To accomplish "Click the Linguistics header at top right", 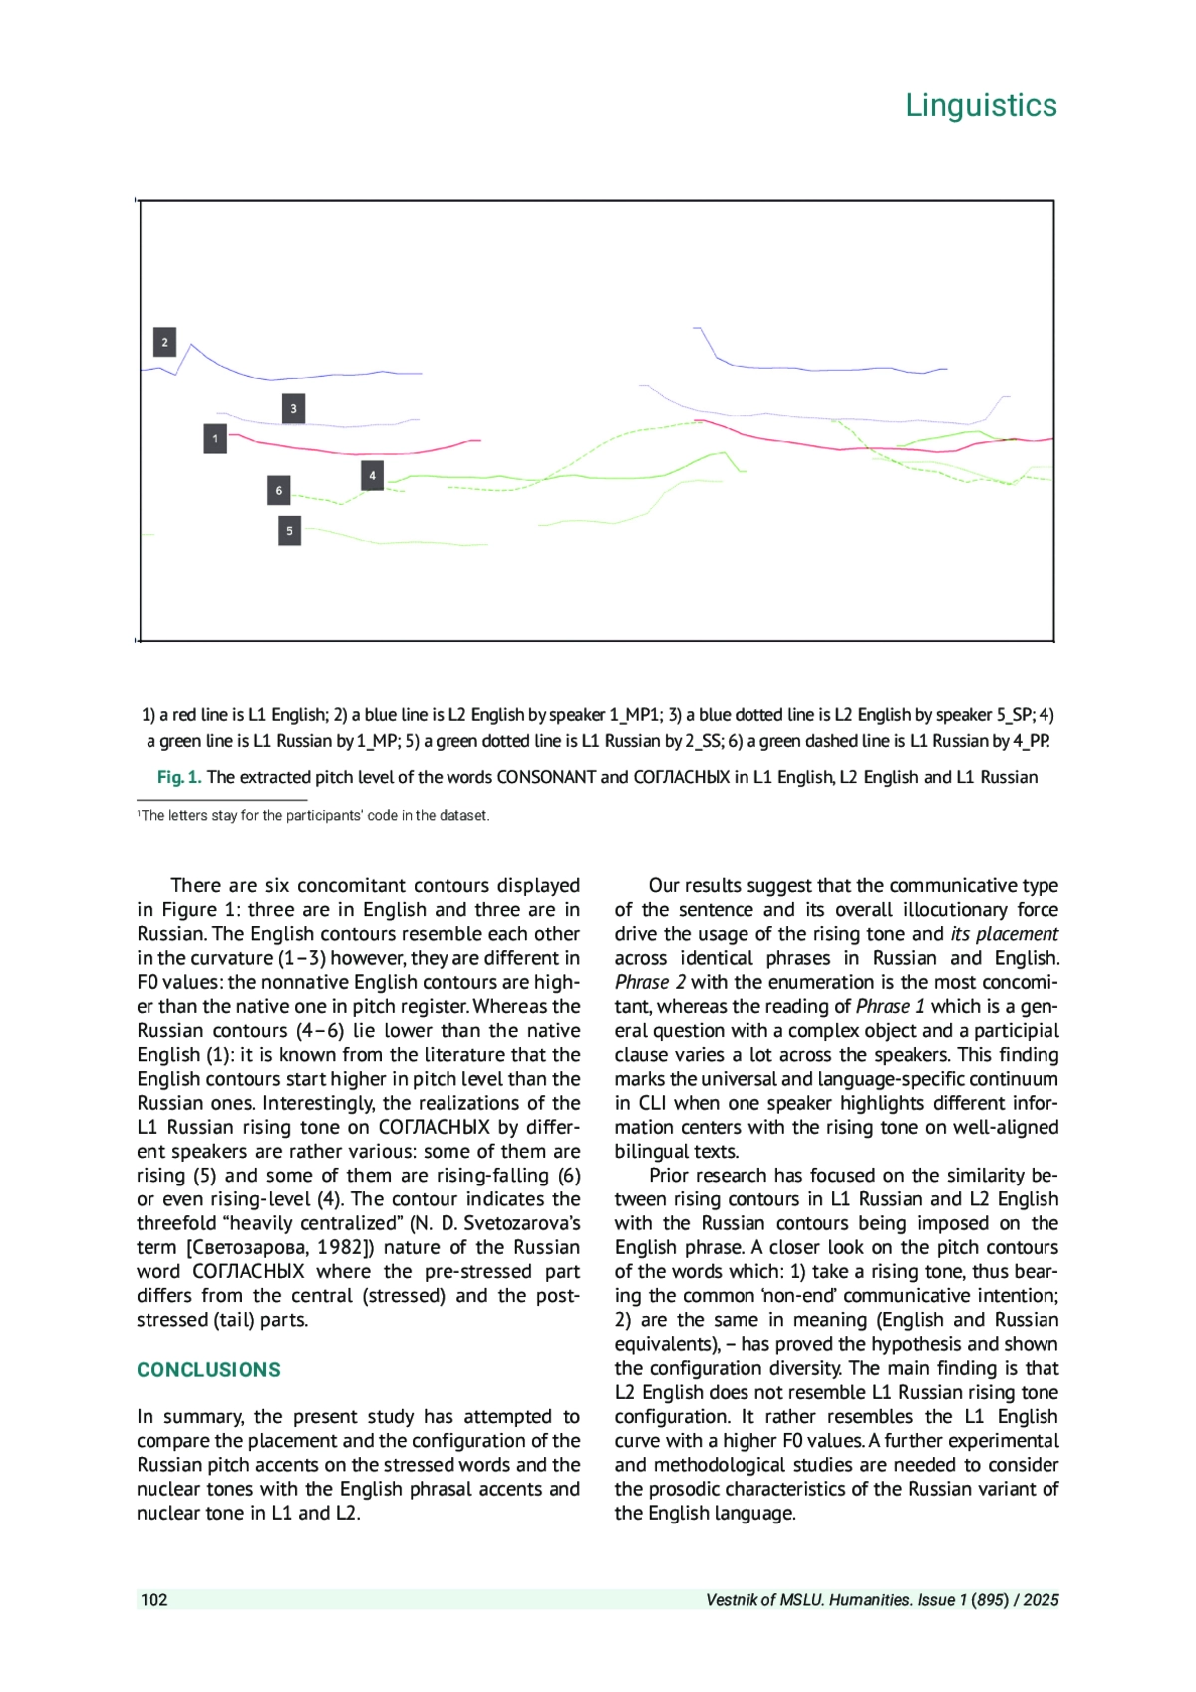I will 981,105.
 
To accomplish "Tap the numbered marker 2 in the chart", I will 165,342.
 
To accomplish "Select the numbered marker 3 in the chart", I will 293,408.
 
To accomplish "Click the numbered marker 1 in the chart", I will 215,438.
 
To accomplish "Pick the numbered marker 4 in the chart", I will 372,475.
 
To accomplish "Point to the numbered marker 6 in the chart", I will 279,490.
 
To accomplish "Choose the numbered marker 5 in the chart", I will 289,530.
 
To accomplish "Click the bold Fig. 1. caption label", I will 179,777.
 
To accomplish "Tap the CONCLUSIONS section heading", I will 208,1369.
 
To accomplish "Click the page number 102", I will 154,1599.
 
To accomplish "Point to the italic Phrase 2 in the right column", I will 650,982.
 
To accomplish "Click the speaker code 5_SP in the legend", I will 1014,715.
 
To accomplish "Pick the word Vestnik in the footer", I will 733,1600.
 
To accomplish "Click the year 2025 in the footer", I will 1041,1600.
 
